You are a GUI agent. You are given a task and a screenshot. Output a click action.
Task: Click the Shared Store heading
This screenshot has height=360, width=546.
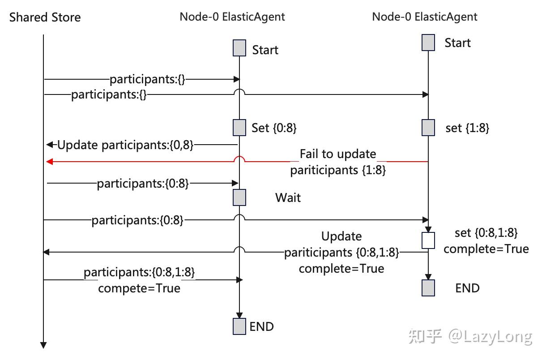click(45, 17)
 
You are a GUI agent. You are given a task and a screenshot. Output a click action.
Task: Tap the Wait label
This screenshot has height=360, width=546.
click(288, 197)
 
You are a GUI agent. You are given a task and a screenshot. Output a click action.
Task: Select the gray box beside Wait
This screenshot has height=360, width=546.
click(239, 197)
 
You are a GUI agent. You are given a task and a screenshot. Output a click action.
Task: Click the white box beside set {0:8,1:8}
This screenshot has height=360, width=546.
click(428, 240)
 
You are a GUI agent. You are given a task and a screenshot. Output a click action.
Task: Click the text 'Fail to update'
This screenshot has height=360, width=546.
click(338, 154)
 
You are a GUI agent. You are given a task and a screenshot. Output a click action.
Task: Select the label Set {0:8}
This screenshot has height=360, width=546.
click(274, 128)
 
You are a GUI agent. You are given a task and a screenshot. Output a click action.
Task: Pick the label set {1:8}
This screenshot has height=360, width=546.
click(467, 128)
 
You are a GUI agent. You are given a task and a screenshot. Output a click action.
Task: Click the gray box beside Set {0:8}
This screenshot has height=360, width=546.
click(239, 128)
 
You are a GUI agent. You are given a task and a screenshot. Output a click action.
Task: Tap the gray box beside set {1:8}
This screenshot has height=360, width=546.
click(428, 128)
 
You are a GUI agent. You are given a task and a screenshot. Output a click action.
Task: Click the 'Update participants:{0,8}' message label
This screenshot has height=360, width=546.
click(125, 145)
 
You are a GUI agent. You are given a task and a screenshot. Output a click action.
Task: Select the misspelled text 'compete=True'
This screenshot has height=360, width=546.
click(139, 288)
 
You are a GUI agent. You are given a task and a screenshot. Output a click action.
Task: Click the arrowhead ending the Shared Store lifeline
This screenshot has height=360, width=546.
click(43, 345)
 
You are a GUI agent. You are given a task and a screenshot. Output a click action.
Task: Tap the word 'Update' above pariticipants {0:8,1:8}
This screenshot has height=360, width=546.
click(341, 236)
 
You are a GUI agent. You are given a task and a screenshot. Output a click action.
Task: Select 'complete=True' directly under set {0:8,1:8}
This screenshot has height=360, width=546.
click(486, 249)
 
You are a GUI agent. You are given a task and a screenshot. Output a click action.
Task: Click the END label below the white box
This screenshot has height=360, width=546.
click(467, 288)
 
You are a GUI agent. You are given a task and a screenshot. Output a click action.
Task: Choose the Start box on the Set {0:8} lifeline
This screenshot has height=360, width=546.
click(239, 48)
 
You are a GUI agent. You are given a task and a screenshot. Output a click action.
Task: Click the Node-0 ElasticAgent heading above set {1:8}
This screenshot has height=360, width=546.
click(425, 17)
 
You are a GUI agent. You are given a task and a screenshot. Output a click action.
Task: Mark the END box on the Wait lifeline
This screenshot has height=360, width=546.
click(239, 326)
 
